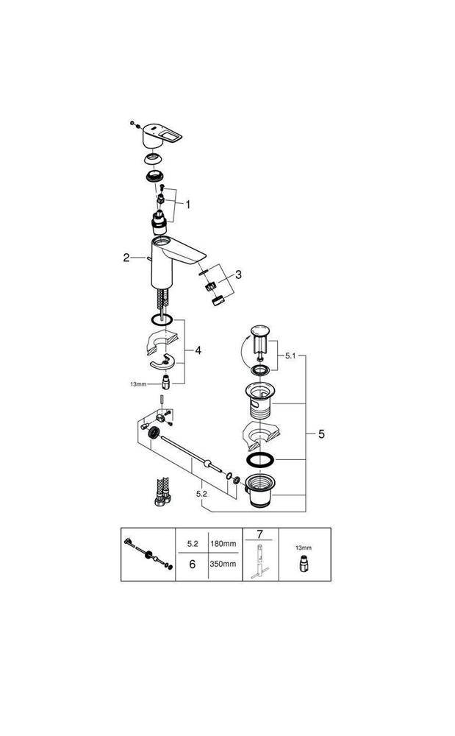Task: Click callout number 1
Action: [187, 205]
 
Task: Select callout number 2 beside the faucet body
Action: [126, 258]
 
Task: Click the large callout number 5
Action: [321, 434]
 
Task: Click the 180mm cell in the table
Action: [223, 543]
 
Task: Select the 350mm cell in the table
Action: [223, 564]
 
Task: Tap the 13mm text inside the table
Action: [304, 548]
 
